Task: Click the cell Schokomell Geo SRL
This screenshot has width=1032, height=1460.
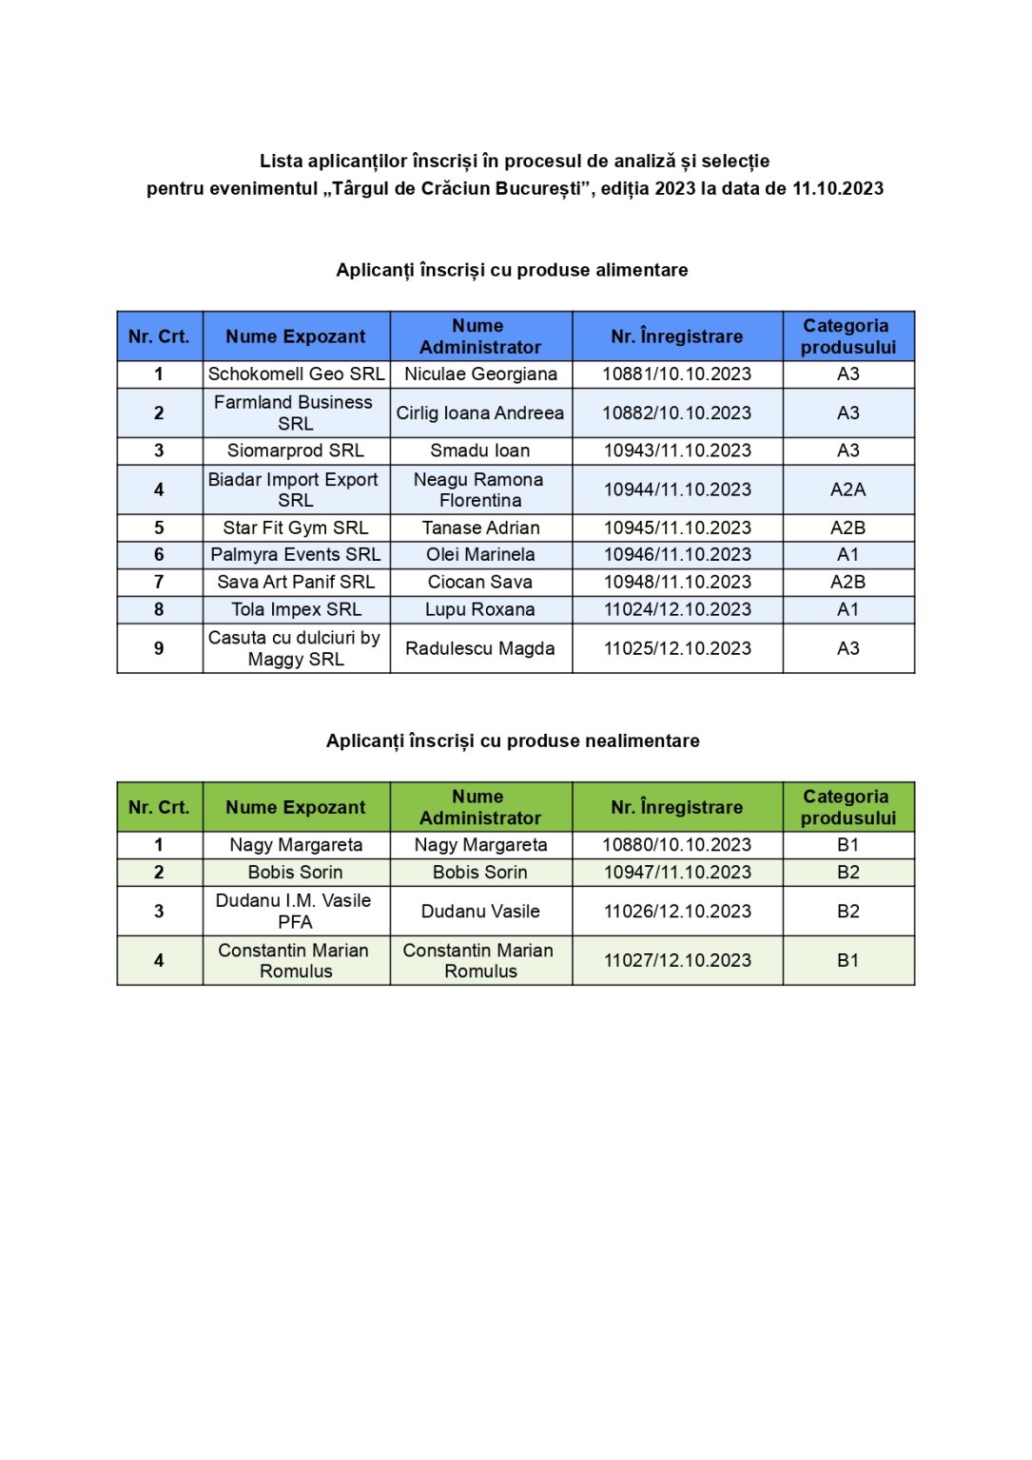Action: pyautogui.click(x=296, y=375)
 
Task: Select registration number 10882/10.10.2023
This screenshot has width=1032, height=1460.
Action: pyautogui.click(x=676, y=413)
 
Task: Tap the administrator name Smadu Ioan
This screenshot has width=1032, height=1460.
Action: pyautogui.click(x=480, y=451)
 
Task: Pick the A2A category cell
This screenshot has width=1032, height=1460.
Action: pyautogui.click(x=847, y=490)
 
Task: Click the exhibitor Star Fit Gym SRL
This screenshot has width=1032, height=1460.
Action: pyautogui.click(x=296, y=528)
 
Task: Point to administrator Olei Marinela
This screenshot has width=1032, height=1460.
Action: pyautogui.click(x=480, y=555)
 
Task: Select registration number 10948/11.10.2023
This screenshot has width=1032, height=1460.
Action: pyautogui.click(x=676, y=582)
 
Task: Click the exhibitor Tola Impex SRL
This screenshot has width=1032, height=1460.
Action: pyautogui.click(x=296, y=609)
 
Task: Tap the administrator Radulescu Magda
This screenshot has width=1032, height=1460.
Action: pyautogui.click(x=480, y=648)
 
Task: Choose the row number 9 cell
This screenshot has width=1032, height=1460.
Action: pyautogui.click(x=159, y=648)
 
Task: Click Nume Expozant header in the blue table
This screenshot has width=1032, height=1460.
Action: pyautogui.click(x=296, y=336)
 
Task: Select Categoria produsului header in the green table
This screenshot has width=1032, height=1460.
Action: pyautogui.click(x=847, y=807)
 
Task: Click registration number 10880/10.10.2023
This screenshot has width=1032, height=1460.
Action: pyautogui.click(x=676, y=845)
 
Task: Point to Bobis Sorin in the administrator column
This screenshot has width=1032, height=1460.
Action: pyautogui.click(x=480, y=873)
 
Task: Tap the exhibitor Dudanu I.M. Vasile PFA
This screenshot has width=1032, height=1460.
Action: pyautogui.click(x=295, y=911)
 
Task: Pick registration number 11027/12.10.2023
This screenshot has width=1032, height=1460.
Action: pyautogui.click(x=676, y=961)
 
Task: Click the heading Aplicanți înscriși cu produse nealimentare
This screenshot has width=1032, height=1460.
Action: pyautogui.click(x=513, y=740)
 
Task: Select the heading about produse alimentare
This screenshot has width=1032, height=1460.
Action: pyautogui.click(x=512, y=270)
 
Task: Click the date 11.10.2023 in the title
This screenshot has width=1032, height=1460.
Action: pyautogui.click(x=837, y=188)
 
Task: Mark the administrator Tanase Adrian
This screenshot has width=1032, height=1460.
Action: pyautogui.click(x=480, y=528)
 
